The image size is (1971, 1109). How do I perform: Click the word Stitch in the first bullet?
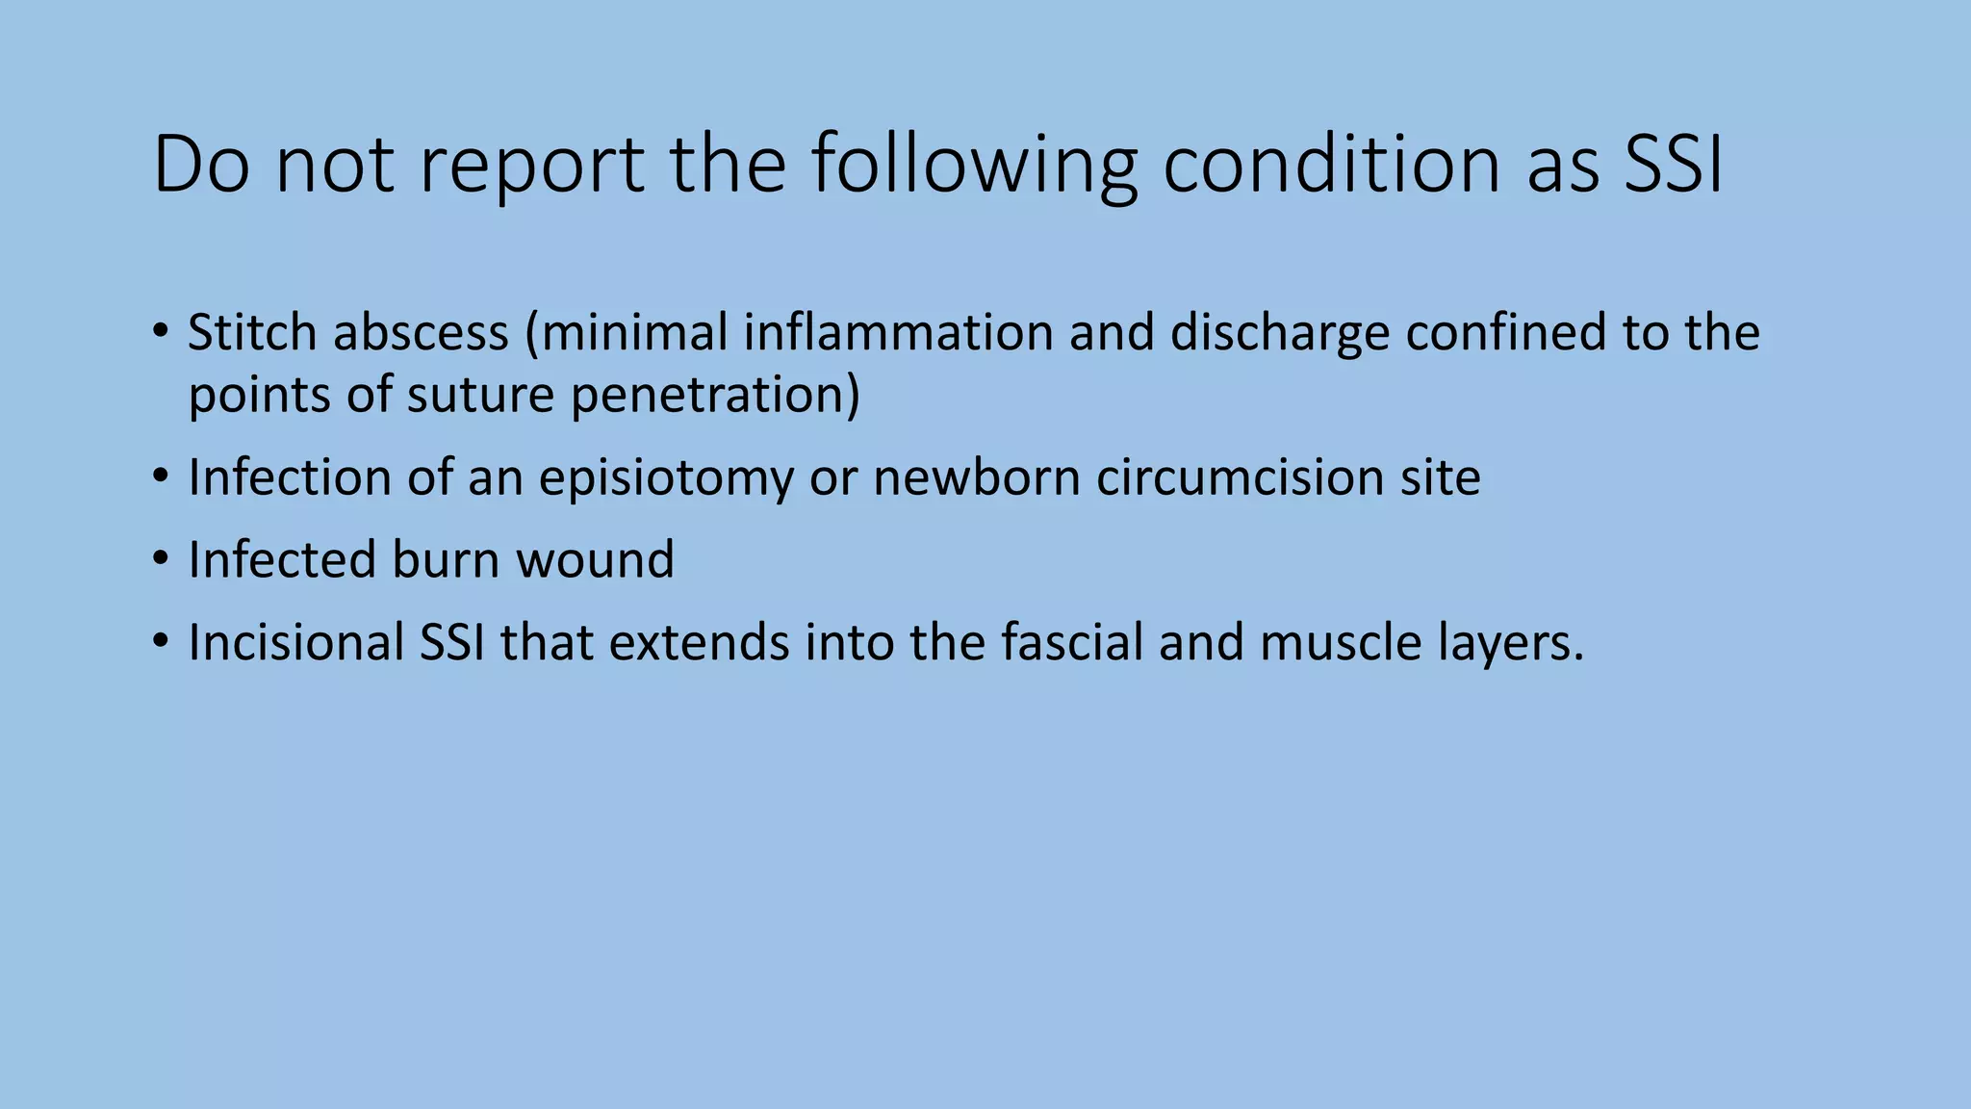(252, 333)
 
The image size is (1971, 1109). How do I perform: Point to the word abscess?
(421, 333)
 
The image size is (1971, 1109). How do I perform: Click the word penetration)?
(715, 396)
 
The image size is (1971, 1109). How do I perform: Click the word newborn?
(976, 477)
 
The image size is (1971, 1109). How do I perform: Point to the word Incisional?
(295, 643)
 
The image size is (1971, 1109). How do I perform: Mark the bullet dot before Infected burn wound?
(161, 558)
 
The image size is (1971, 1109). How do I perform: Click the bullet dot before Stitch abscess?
(161, 332)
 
